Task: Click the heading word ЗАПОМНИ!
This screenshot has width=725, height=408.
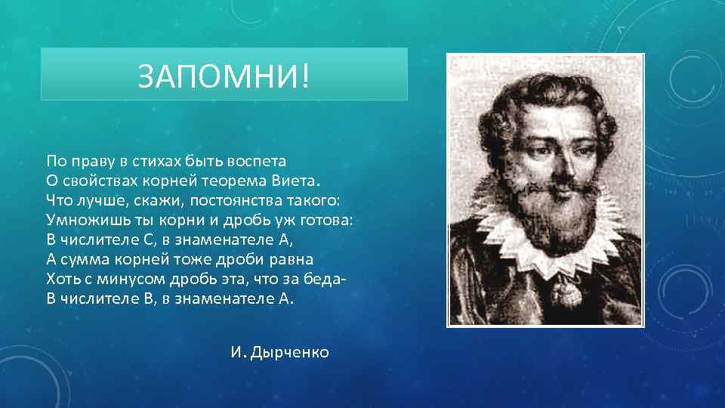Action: coord(224,76)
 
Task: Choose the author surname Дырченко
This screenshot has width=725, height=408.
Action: coord(292,353)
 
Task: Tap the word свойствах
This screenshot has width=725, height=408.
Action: coord(100,181)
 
